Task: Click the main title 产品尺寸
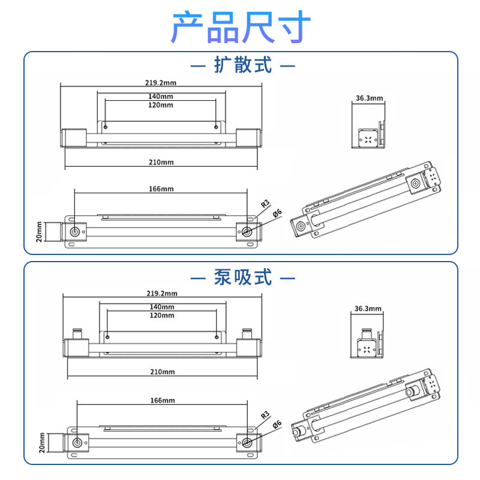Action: tap(241, 27)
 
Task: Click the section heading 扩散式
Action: tap(243, 65)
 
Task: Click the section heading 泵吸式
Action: tap(243, 277)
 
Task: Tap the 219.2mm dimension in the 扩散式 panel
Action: tap(161, 83)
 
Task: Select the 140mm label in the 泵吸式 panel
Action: tap(162, 307)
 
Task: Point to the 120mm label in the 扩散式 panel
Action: tap(161, 105)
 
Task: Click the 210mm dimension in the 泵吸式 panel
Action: tap(163, 371)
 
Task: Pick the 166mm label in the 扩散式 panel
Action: tap(161, 189)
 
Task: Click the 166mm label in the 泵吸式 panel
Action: tap(163, 400)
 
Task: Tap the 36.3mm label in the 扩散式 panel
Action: tap(369, 98)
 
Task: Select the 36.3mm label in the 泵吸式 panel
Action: tap(368, 308)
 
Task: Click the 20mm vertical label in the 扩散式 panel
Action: tap(39, 232)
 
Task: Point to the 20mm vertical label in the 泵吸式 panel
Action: tap(42, 443)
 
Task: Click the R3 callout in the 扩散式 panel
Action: tap(265, 203)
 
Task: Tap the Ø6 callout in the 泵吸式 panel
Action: tap(277, 425)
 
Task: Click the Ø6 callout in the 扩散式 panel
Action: tap(277, 213)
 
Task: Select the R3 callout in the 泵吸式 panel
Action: tap(265, 415)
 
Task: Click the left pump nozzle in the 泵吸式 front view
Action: tap(77, 334)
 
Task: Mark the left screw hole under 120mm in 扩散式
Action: tap(106, 127)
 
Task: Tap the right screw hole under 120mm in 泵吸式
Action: tap(217, 337)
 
